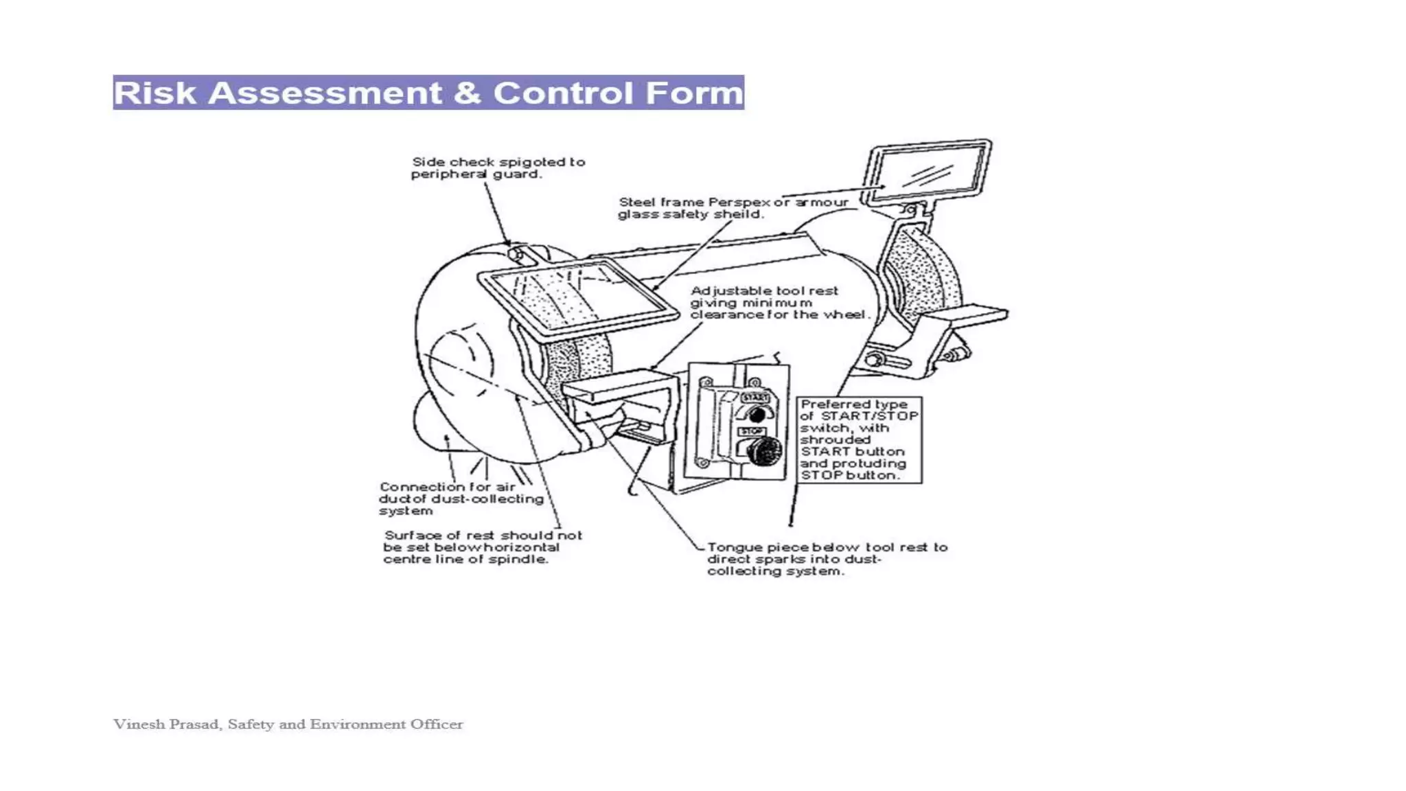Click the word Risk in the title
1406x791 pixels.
(x=155, y=93)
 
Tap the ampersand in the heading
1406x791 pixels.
(x=467, y=93)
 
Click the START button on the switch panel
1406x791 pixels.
(x=757, y=414)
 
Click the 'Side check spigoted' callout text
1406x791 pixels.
(x=498, y=168)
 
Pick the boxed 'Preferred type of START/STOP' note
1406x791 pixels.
(x=859, y=439)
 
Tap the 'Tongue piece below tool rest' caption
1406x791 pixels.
(x=827, y=559)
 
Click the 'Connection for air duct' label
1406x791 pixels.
(x=460, y=498)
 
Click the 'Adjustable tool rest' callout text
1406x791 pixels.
(x=779, y=303)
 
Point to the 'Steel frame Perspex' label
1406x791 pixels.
(x=733, y=208)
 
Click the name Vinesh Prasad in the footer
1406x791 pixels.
(x=167, y=724)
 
